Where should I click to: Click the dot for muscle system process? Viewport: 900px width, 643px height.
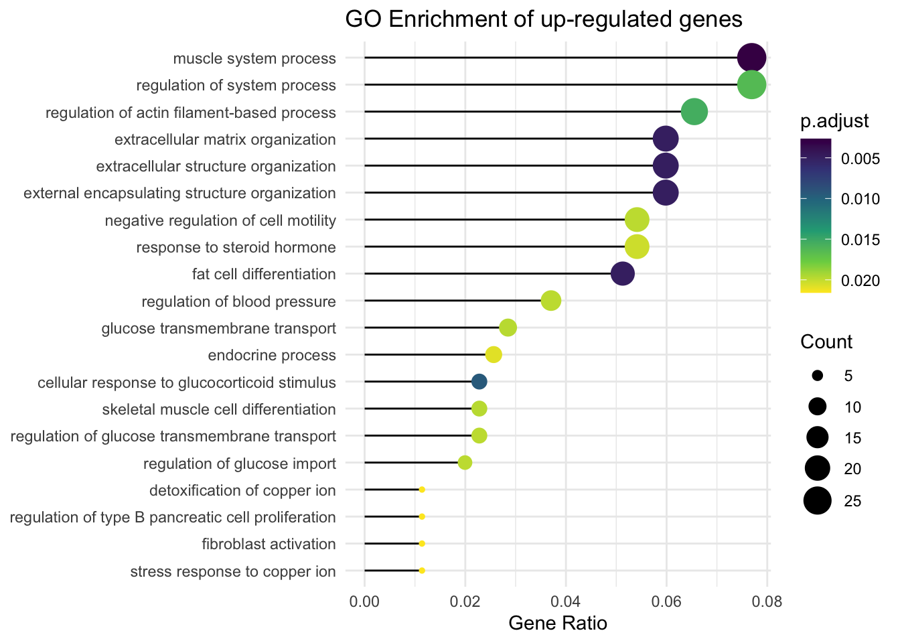click(751, 58)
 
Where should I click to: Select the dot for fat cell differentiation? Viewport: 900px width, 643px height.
click(623, 274)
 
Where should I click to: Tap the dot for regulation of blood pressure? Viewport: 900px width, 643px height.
click(550, 301)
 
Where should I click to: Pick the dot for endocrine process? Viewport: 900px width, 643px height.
click(494, 355)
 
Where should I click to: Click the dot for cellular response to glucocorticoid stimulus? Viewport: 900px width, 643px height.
click(479, 382)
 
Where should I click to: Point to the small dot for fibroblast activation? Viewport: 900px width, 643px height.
click(422, 543)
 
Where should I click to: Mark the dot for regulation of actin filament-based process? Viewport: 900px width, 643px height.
click(694, 112)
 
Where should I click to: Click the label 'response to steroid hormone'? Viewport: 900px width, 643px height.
click(236, 248)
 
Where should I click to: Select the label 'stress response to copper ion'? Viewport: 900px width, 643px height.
click(233, 571)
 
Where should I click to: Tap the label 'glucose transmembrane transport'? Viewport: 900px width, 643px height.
click(218, 328)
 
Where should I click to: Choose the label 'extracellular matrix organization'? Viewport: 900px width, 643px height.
click(225, 139)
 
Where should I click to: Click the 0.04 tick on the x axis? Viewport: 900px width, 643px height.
click(566, 600)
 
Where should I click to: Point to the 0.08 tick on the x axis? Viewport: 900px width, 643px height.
click(767, 600)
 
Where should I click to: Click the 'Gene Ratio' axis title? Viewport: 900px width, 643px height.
click(558, 624)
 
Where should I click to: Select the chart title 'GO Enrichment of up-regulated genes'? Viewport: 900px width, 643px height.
click(544, 19)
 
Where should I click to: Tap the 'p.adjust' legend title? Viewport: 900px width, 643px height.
click(834, 121)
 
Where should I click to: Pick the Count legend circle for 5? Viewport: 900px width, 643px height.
click(818, 376)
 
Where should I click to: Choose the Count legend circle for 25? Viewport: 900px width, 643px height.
click(818, 501)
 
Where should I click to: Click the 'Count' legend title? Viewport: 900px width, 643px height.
click(826, 342)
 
